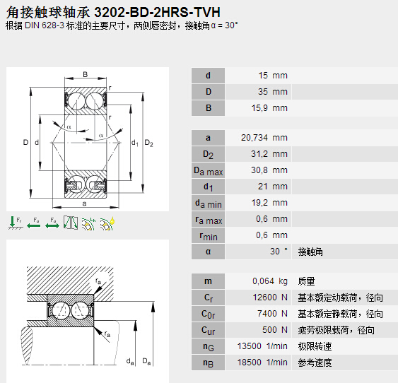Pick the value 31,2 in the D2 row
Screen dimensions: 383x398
pyautogui.click(x=260, y=154)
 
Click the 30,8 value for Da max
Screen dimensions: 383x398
pyautogui.click(x=259, y=170)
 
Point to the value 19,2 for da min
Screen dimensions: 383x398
pyautogui.click(x=259, y=203)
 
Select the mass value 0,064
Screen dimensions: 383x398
pyautogui.click(x=262, y=281)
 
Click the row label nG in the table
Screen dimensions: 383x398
pyautogui.click(x=209, y=347)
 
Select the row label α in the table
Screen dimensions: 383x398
pyautogui.click(x=209, y=252)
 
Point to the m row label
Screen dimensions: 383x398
pyautogui.click(x=209, y=281)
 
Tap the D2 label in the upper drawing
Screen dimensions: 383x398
pyautogui.click(x=149, y=143)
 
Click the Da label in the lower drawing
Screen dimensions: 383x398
pyautogui.click(x=146, y=362)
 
